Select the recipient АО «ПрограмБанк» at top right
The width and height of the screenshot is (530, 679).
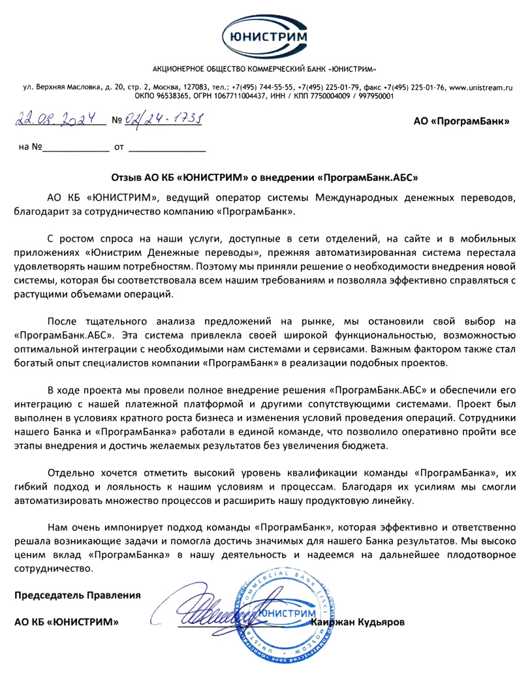pyautogui.click(x=461, y=121)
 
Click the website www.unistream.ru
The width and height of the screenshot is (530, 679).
pyautogui.click(x=481, y=87)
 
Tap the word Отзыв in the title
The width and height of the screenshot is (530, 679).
pyautogui.click(x=128, y=177)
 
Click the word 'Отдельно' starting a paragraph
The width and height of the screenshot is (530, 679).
pyautogui.click(x=70, y=473)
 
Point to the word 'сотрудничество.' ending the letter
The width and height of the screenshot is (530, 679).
pyautogui.click(x=54, y=568)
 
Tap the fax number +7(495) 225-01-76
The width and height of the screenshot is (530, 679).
pyautogui.click(x=414, y=87)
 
